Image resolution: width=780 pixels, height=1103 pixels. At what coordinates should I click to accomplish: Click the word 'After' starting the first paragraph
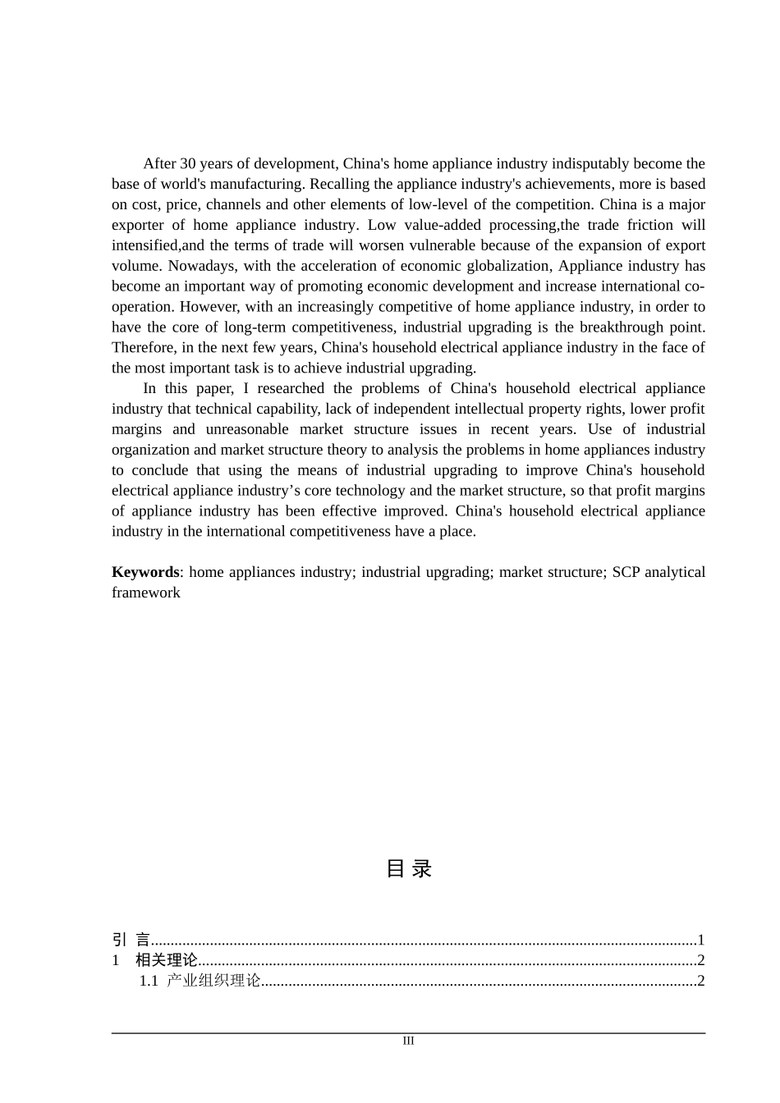tap(161, 164)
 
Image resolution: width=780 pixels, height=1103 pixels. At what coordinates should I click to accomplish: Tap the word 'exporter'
tap(137, 226)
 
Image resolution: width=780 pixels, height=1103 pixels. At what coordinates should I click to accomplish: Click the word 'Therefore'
tap(142, 348)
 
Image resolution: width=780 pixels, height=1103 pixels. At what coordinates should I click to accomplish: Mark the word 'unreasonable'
tap(247, 430)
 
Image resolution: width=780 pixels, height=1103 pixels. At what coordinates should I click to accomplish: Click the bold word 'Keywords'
tap(145, 573)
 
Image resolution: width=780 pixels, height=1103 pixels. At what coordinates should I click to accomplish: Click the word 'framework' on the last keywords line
tap(146, 593)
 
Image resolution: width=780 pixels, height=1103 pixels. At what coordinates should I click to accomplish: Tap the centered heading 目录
tap(409, 869)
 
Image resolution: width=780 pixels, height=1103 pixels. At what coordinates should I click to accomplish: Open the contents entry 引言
tap(131, 941)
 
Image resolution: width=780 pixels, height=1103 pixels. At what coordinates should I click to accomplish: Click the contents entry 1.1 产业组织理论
tap(200, 982)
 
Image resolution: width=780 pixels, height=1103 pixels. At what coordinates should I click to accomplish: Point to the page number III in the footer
tap(409, 1041)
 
